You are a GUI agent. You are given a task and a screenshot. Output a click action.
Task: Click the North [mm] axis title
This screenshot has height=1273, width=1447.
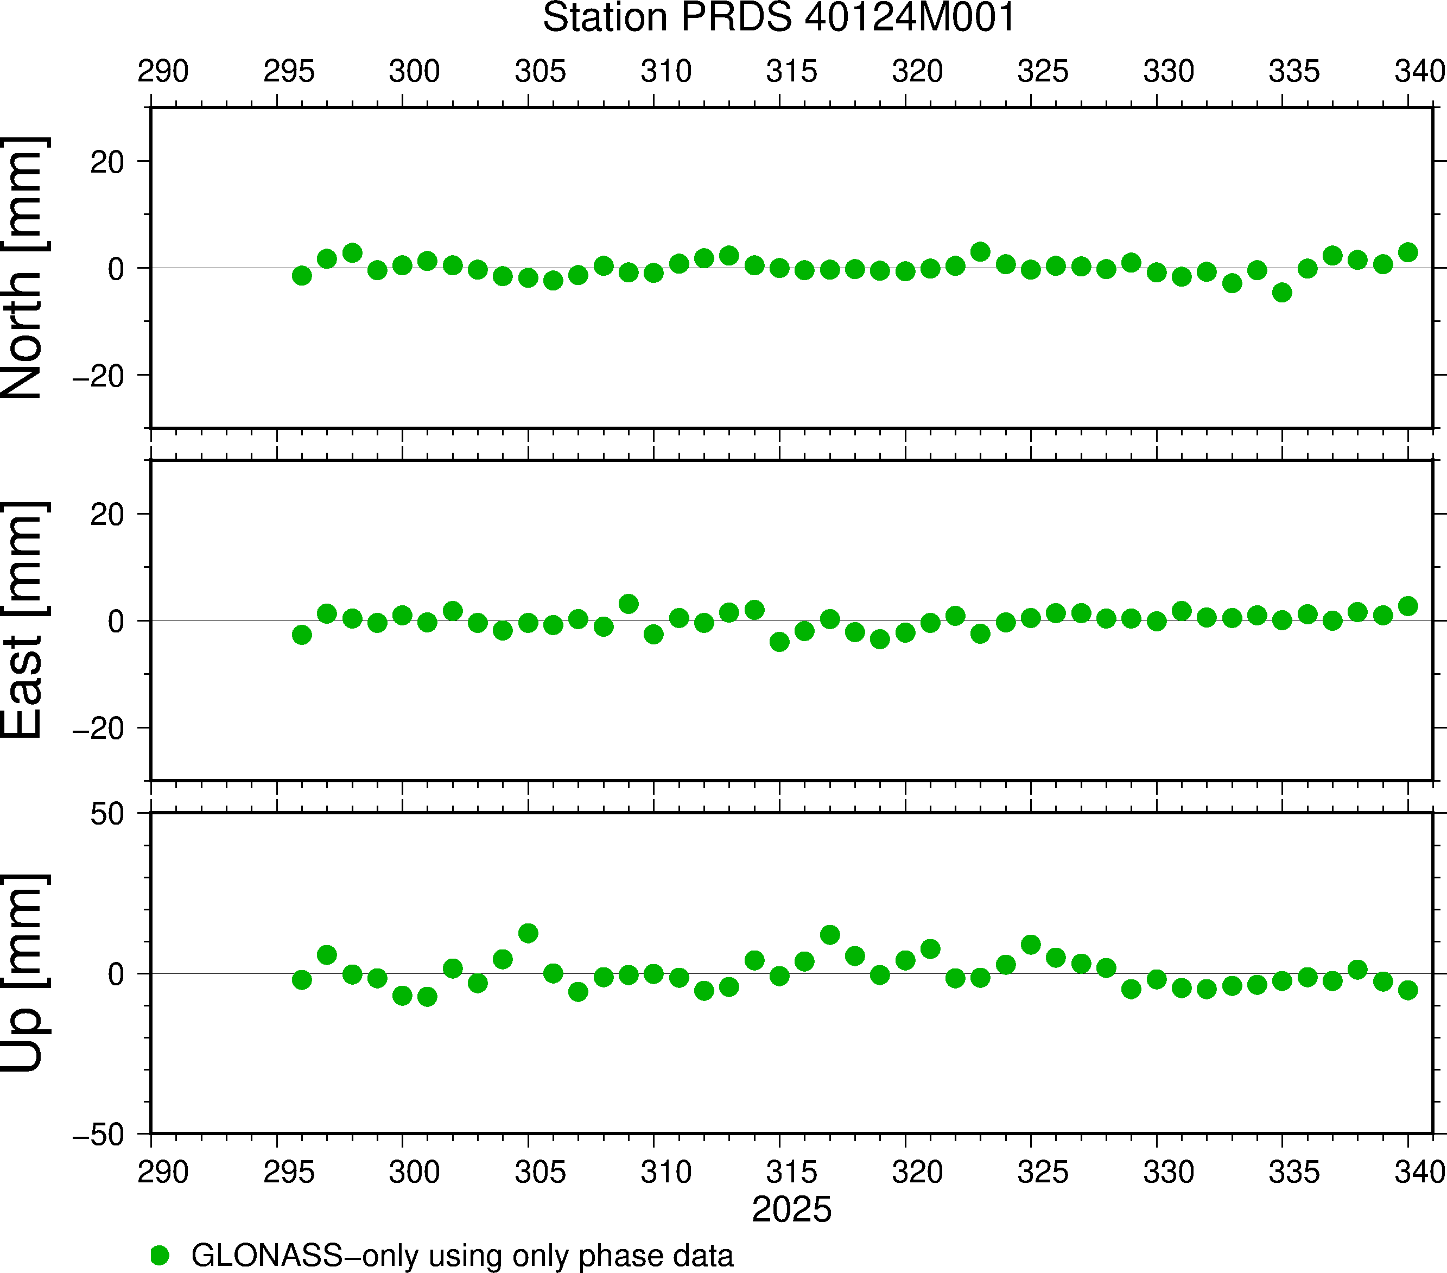tap(23, 268)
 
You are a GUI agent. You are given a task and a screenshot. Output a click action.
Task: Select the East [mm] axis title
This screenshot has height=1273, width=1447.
tap(23, 620)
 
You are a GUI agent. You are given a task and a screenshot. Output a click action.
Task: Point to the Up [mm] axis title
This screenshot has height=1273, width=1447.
tap(23, 973)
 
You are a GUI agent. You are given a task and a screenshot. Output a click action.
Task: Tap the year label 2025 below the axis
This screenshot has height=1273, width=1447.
tap(791, 1209)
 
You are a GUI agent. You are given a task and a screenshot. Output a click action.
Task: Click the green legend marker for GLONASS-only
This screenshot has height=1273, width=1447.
tap(160, 1255)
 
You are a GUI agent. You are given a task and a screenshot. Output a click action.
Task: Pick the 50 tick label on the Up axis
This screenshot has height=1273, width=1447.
tap(107, 814)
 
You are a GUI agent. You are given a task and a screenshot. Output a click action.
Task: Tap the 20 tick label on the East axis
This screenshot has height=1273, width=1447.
tap(107, 515)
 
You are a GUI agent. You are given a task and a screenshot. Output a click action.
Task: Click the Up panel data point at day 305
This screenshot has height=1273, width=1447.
tap(528, 933)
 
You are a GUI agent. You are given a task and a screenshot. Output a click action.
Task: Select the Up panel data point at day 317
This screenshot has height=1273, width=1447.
tap(830, 935)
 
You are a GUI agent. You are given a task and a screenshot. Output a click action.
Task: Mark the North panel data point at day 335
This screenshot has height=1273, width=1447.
tap(1282, 293)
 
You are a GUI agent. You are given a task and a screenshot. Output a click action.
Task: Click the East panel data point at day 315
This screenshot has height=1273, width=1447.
tap(779, 642)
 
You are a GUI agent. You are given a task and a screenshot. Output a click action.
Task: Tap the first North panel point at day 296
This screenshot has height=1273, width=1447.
tap(302, 275)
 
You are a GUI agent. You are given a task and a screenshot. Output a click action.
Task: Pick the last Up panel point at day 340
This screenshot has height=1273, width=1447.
tap(1408, 990)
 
